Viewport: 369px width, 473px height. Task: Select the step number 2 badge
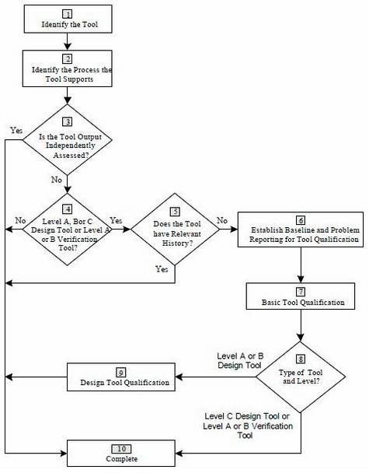67,58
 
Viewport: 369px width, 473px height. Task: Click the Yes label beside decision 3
16,131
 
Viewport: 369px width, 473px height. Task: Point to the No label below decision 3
57,180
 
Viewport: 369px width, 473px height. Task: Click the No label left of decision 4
20,220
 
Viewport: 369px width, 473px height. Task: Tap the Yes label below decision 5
162,268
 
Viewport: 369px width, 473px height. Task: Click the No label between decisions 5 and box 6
222,220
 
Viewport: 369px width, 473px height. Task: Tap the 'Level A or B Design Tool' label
240,360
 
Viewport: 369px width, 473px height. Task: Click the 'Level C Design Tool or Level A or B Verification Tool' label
248,426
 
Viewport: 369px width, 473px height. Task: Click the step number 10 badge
121,449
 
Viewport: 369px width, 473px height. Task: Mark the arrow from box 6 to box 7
301,265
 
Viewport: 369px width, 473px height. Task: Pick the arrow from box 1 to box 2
68,42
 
